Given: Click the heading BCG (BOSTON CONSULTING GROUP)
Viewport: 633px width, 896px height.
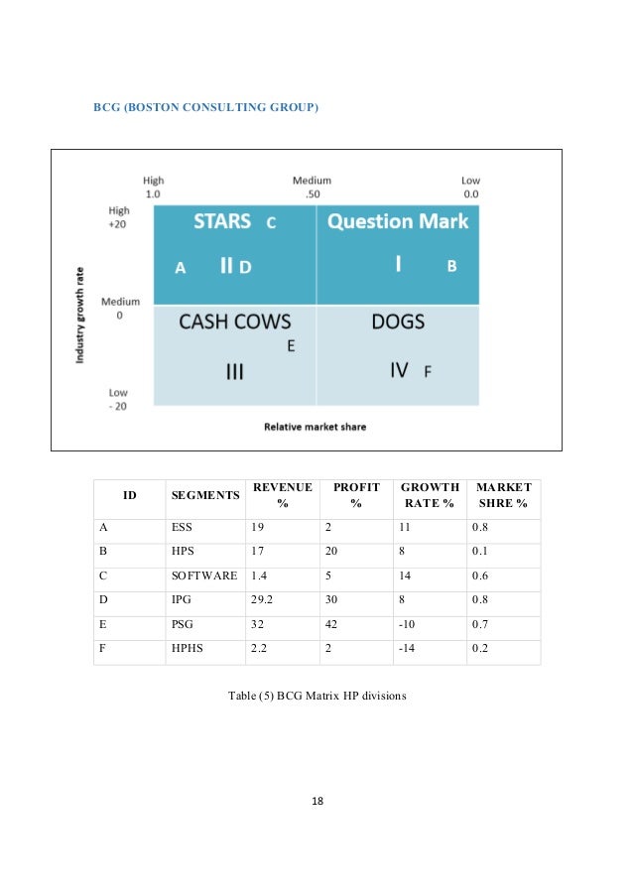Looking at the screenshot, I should [x=206, y=105].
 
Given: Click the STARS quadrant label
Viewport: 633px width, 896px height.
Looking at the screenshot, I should [x=221, y=221].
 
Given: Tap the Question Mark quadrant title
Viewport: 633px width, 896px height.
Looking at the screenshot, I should [x=398, y=221].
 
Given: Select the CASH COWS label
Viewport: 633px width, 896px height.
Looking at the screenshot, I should [x=234, y=321].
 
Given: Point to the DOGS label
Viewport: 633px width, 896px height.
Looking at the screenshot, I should [x=398, y=321].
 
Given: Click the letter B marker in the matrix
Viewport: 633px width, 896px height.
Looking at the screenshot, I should [x=451, y=267].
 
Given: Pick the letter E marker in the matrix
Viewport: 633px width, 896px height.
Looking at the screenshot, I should [x=291, y=346].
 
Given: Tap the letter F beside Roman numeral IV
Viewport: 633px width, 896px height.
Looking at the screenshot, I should [x=428, y=372].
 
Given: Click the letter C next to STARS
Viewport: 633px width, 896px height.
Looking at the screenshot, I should [x=271, y=223].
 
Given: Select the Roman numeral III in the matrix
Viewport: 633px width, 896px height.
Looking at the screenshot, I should [x=234, y=372].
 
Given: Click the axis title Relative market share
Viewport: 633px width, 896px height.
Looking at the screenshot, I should [x=316, y=427].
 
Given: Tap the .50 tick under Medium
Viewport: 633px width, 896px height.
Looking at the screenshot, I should [x=312, y=194].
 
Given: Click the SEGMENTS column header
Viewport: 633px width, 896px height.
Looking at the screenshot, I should [x=205, y=495].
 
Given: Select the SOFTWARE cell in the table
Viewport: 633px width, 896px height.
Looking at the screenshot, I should [x=203, y=575].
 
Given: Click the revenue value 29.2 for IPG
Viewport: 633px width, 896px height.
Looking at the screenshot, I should [x=262, y=601].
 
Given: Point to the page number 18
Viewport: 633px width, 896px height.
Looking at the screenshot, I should [x=316, y=801].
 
